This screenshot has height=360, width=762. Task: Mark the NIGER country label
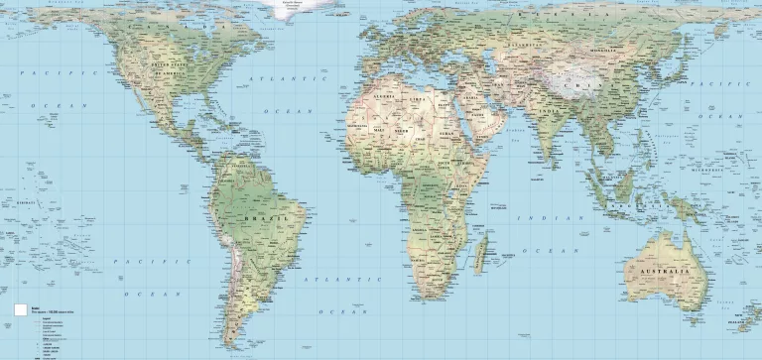pos(403,129)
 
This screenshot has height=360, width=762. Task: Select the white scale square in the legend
pos(19,310)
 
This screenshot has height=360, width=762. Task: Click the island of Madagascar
pos(480,251)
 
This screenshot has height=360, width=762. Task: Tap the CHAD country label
pos(425,130)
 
